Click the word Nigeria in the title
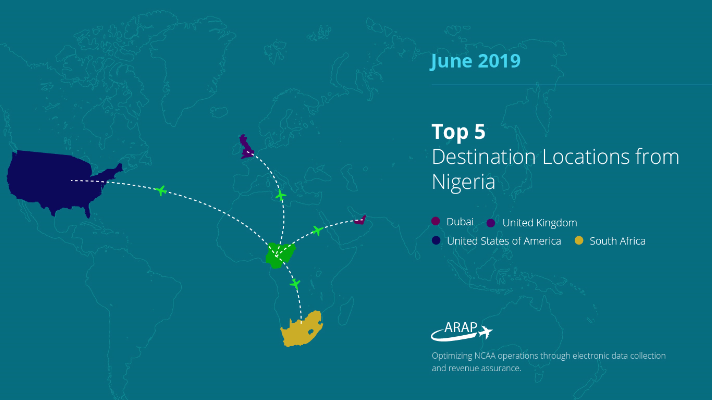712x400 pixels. tap(463, 182)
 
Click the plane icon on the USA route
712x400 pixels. tap(161, 190)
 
